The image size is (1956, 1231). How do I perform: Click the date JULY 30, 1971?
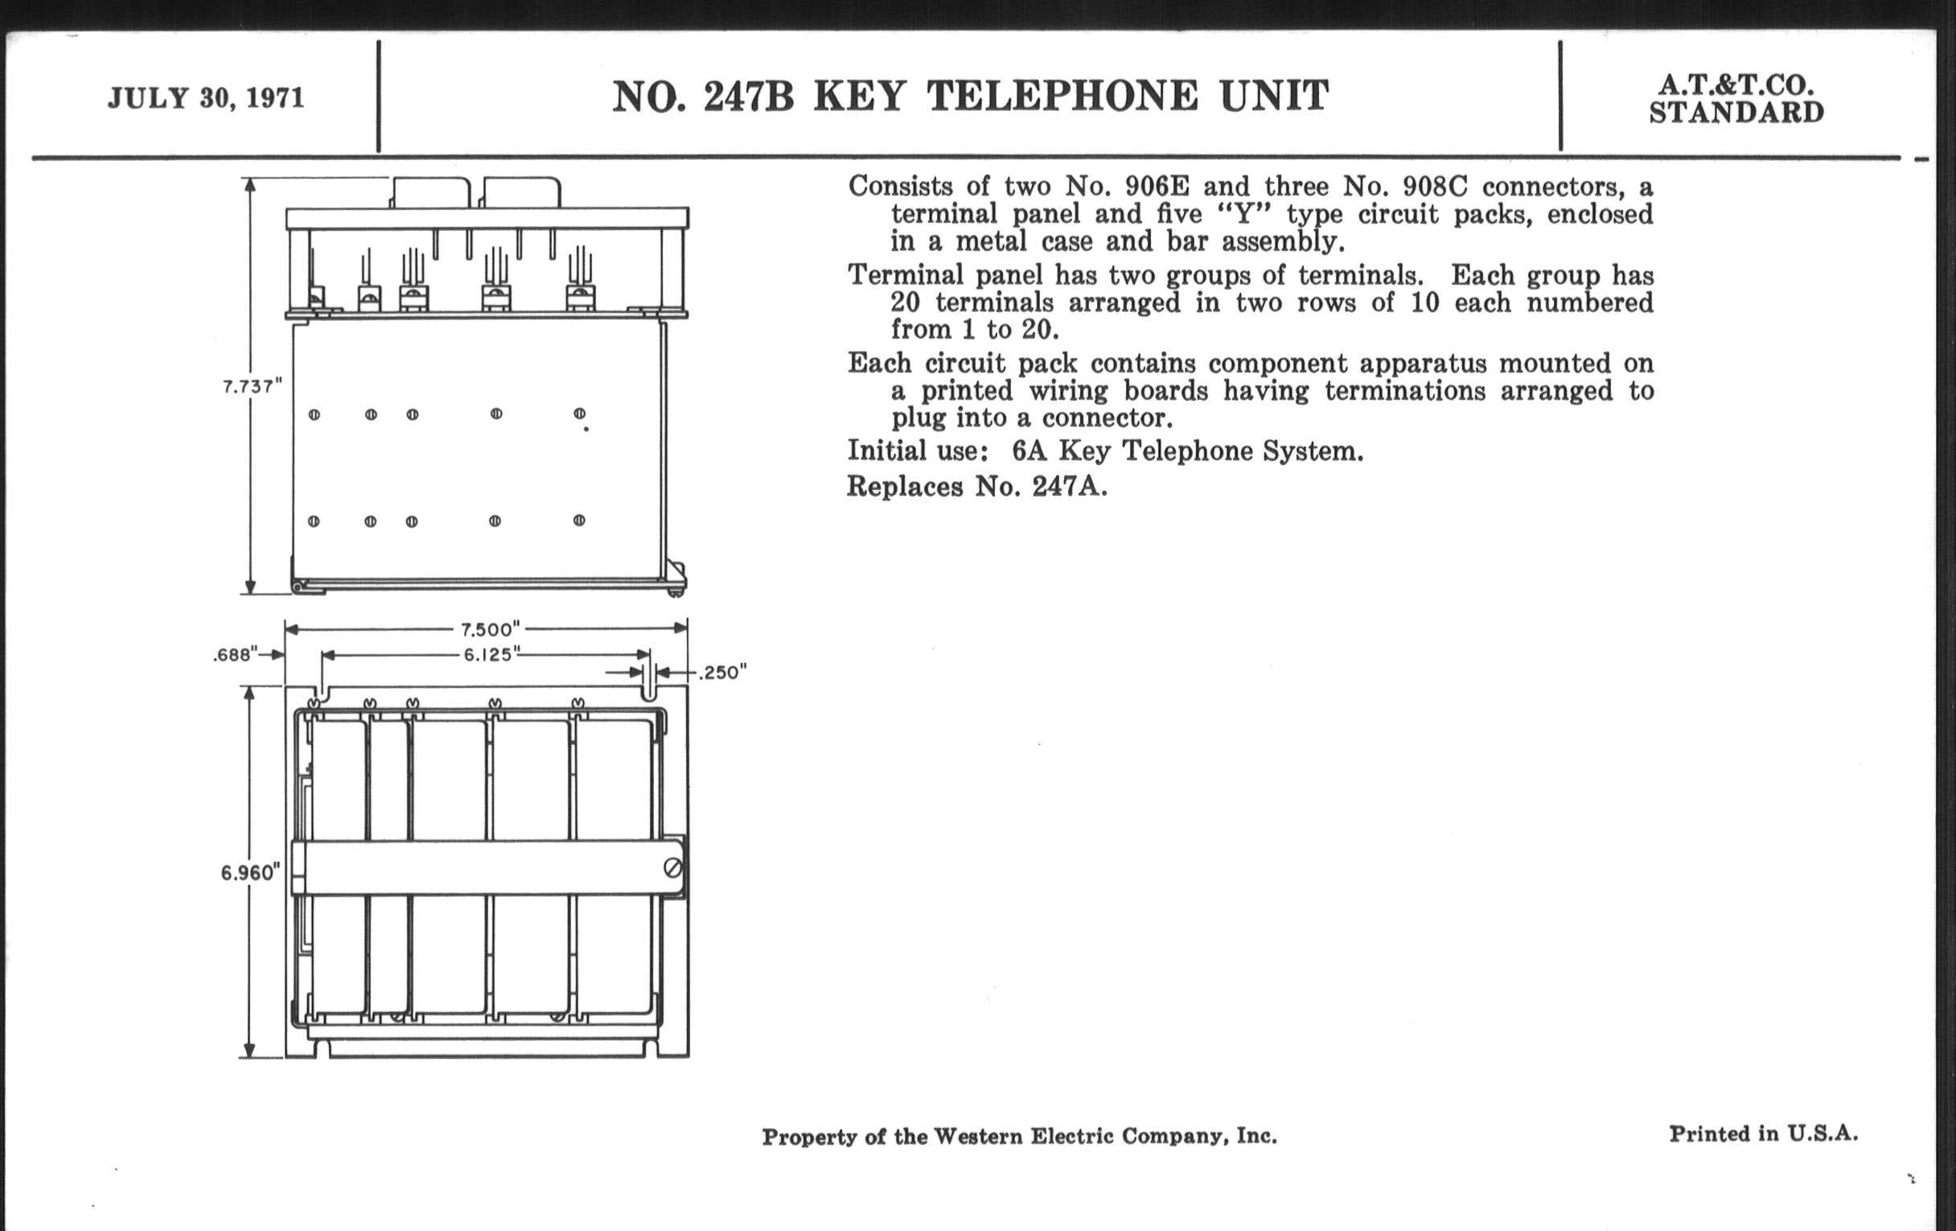pyautogui.click(x=206, y=98)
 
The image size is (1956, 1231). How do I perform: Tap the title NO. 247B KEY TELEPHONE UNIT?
pyautogui.click(x=970, y=97)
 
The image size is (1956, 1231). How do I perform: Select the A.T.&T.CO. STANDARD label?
pyautogui.click(x=1736, y=98)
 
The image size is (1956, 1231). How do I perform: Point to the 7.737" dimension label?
pyautogui.click(x=252, y=387)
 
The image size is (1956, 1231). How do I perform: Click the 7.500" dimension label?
pyautogui.click(x=490, y=630)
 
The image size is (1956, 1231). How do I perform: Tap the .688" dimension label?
pyautogui.click(x=235, y=655)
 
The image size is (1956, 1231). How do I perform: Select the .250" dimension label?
pyautogui.click(x=722, y=673)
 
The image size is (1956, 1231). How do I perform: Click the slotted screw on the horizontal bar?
pyautogui.click(x=672, y=869)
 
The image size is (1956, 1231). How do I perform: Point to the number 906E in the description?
pyautogui.click(x=1157, y=187)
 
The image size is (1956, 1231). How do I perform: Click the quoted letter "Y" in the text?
pyautogui.click(x=1240, y=215)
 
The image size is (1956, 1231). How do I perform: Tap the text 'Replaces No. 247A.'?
pyautogui.click(x=976, y=486)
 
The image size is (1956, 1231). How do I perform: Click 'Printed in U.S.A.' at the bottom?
pyautogui.click(x=1763, y=1134)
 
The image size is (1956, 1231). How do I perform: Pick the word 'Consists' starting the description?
pyautogui.click(x=900, y=187)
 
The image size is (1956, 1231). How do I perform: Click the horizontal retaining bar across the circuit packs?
pyautogui.click(x=479, y=869)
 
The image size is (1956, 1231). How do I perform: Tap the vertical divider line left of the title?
pyautogui.click(x=379, y=97)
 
